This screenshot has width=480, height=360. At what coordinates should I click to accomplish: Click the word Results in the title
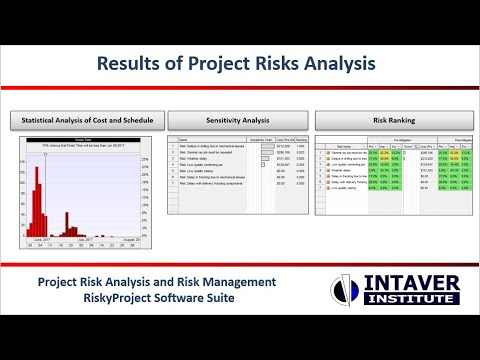pos(132,63)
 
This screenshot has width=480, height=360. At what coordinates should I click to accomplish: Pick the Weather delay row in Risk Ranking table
pos(344,171)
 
